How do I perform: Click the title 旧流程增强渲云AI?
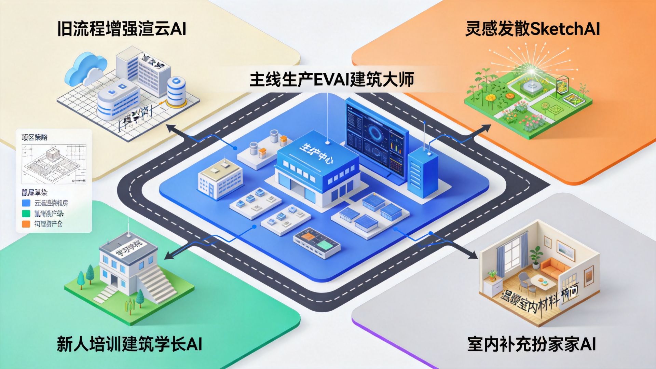(x=122, y=29)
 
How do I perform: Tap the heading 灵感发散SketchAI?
(x=532, y=29)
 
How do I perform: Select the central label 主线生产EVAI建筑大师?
(x=332, y=80)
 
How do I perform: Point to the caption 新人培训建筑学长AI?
(x=129, y=344)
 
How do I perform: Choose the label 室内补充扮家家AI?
(x=532, y=344)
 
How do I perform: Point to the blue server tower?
(x=423, y=173)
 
